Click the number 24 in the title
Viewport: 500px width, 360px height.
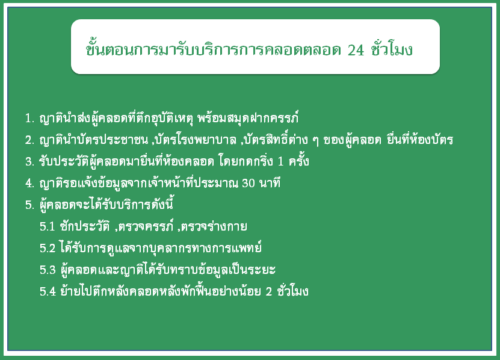356,50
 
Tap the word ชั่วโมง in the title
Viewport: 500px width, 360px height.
392,49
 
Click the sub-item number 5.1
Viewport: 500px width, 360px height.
48,226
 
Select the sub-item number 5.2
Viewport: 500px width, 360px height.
48,248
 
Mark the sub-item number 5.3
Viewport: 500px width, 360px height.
48,270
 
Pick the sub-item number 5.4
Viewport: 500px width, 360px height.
48,291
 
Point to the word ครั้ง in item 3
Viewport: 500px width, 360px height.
299,160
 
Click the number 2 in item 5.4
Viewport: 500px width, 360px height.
269,292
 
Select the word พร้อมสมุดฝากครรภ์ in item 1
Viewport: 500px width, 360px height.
248,118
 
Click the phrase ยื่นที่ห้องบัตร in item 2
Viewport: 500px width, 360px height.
419,139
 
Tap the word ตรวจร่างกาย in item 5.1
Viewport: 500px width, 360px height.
214,226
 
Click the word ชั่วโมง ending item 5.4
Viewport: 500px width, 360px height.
293,290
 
